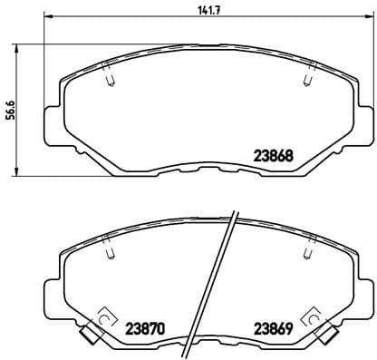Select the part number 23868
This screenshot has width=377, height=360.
271,155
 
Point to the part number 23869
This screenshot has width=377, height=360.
271,327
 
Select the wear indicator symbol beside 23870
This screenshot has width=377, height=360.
102,319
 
